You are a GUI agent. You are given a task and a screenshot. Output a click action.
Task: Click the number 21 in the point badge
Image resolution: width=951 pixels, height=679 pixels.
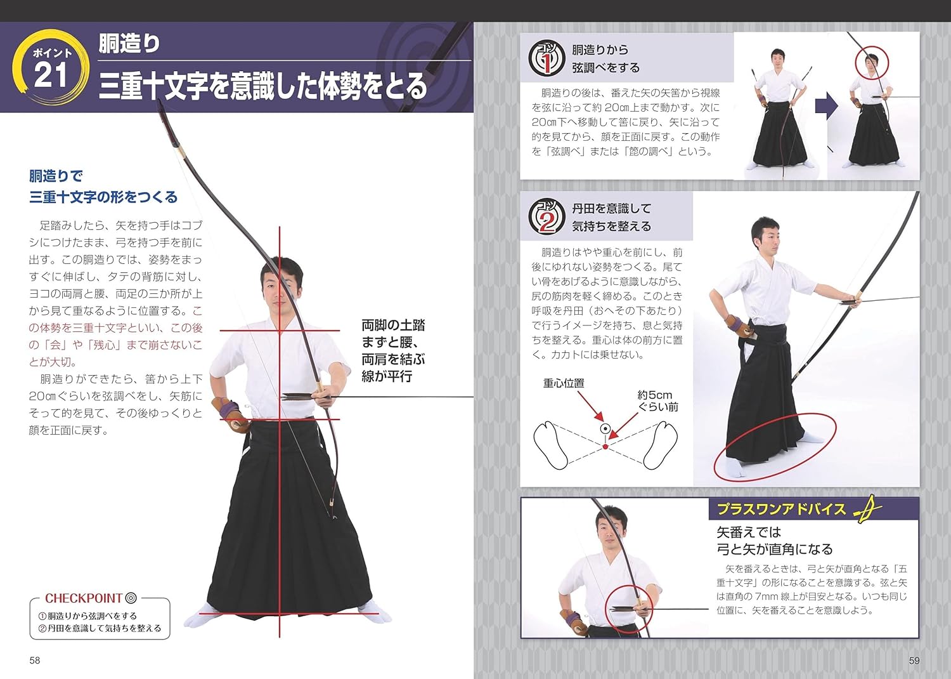(x=51, y=76)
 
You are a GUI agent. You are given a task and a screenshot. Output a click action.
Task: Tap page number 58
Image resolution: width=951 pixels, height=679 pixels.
(x=35, y=661)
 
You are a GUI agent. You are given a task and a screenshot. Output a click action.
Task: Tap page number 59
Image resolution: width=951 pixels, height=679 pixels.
(x=914, y=661)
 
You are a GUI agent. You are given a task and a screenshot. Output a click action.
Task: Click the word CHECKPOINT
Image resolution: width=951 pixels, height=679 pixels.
(x=83, y=598)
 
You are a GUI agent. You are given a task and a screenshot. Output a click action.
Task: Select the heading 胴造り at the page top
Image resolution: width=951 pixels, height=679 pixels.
(x=129, y=44)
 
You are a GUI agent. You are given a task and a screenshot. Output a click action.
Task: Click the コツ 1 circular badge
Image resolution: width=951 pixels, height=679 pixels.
(x=546, y=58)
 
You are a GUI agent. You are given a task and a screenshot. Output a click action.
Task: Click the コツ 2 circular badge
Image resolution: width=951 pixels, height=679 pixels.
(x=546, y=216)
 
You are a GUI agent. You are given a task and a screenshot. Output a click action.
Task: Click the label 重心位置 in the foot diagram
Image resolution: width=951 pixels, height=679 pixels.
(x=564, y=383)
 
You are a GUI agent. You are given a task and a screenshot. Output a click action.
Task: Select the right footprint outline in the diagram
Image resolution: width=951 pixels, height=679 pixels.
(x=661, y=444)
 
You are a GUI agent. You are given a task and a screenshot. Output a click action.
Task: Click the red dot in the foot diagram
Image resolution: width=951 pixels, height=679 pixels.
(x=605, y=447)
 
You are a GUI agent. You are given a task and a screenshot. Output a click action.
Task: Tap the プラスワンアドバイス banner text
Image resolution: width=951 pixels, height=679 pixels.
(x=781, y=509)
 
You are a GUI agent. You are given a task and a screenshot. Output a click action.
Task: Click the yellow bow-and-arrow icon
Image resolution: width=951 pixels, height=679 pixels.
(x=867, y=509)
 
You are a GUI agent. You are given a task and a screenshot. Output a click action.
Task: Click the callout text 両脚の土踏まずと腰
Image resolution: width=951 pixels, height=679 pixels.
(x=393, y=334)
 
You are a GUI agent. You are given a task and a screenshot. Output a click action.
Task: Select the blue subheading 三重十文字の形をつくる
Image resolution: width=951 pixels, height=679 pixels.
(x=103, y=197)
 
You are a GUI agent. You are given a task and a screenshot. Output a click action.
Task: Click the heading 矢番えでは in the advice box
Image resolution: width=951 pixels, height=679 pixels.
(x=749, y=532)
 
